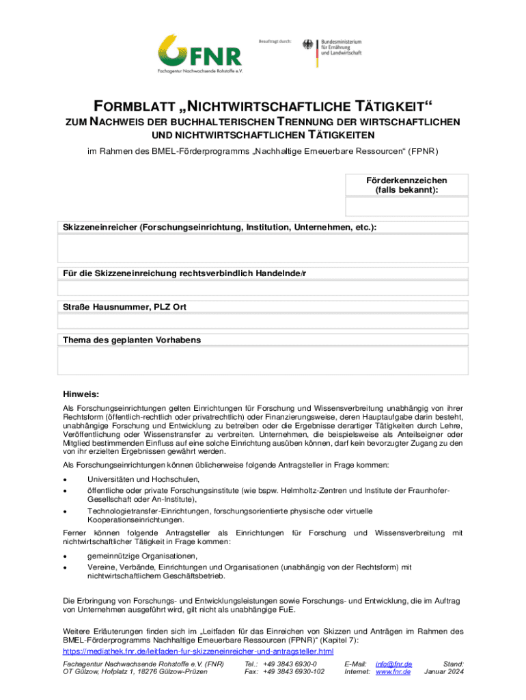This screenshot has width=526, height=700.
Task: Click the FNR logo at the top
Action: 199,52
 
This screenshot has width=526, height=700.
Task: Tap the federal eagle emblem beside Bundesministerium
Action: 307,46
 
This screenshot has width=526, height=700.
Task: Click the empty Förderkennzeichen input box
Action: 406,206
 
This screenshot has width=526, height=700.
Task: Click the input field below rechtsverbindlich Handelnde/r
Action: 263,287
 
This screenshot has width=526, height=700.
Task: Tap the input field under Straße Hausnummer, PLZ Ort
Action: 263,321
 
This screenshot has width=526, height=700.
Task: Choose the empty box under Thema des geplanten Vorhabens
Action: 263,362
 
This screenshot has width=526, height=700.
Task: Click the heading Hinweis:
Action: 81,394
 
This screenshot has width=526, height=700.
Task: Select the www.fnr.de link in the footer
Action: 393,672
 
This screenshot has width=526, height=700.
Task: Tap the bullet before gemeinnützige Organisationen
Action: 65,556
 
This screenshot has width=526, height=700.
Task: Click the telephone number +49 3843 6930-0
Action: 291,664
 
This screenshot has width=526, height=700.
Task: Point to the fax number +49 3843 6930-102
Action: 294,672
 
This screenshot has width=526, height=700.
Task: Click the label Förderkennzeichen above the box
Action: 406,180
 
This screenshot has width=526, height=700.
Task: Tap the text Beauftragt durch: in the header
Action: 275,42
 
